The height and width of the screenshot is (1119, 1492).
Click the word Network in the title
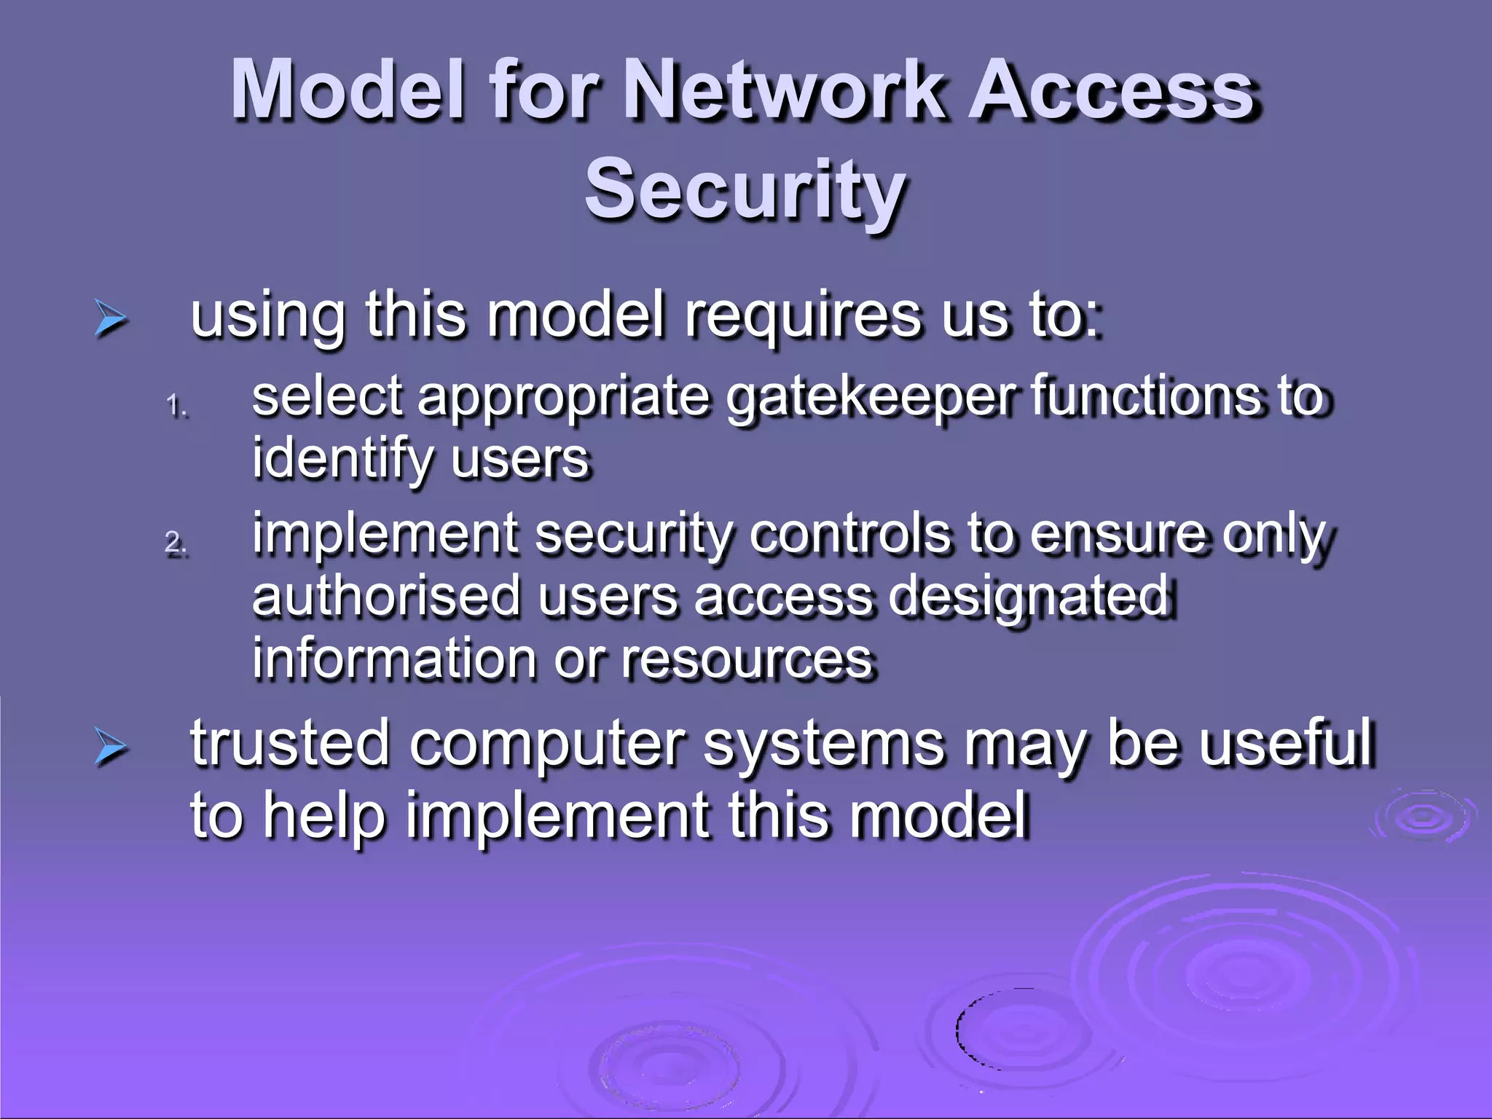(790, 90)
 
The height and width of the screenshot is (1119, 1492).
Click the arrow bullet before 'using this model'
(111, 319)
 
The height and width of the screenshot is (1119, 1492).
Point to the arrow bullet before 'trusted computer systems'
(111, 747)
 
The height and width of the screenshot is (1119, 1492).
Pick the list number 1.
(177, 406)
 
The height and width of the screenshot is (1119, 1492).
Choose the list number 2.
(176, 543)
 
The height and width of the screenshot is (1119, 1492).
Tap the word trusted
(290, 744)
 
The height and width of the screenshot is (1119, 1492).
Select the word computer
(546, 744)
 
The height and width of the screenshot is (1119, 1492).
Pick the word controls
(850, 534)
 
